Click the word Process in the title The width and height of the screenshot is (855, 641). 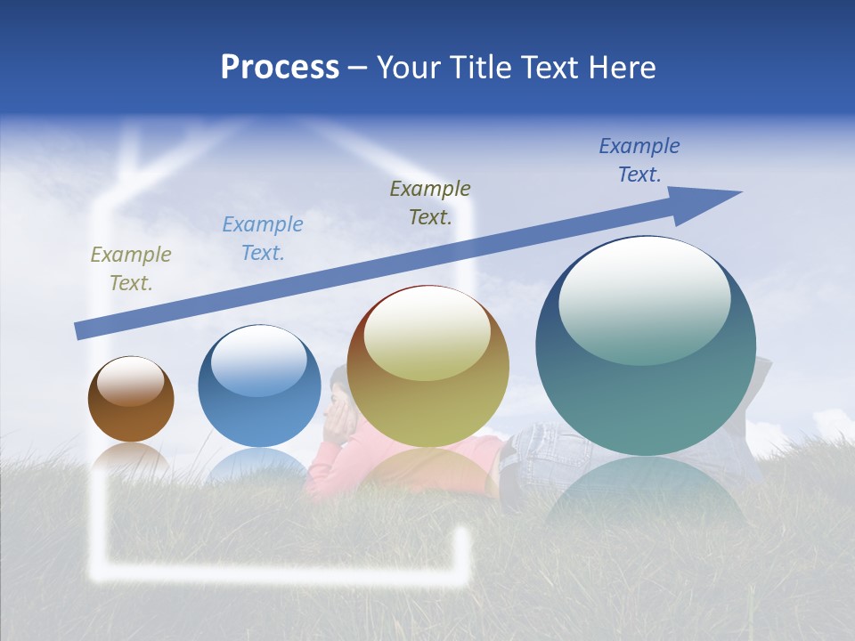pos(280,68)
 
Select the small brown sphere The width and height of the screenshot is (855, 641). pos(131,400)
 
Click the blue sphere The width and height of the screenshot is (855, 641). pos(259,387)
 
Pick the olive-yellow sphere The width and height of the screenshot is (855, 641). pos(427,367)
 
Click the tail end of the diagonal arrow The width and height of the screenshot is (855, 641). pos(80,332)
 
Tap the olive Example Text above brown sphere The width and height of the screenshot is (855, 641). pos(131,269)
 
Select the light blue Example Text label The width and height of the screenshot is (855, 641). pos(262,239)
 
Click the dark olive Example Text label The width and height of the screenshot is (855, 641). pos(430,202)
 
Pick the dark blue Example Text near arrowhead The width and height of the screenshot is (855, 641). pos(639,160)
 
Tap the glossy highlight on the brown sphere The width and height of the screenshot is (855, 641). pos(131,380)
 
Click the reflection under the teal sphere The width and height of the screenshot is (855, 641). pos(646,490)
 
